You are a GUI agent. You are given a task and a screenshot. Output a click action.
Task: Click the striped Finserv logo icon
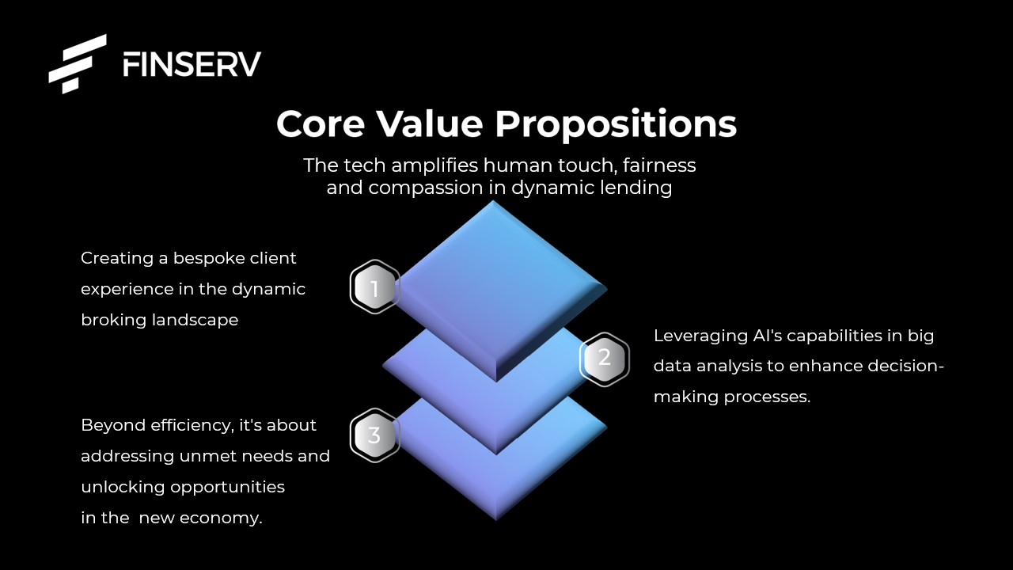pyautogui.click(x=78, y=64)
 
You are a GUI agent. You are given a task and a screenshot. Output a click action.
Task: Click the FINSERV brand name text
pyautogui.click(x=192, y=64)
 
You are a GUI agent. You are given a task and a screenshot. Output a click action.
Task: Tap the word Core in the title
pyautogui.click(x=321, y=124)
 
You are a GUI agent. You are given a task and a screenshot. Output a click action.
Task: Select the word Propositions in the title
pyautogui.click(x=616, y=125)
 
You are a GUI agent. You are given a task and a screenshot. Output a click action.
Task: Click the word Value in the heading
pyautogui.click(x=430, y=123)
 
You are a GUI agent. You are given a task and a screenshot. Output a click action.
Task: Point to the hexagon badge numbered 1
pyautogui.click(x=374, y=287)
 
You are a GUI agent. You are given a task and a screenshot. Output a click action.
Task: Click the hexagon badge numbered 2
pyautogui.click(x=604, y=359)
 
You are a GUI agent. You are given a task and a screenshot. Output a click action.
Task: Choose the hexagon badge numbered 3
pyautogui.click(x=374, y=435)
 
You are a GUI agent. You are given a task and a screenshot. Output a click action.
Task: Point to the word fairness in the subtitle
pyautogui.click(x=659, y=165)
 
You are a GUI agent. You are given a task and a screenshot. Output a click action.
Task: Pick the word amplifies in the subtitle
pyautogui.click(x=434, y=166)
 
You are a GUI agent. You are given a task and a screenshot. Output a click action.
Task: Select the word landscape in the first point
pyautogui.click(x=195, y=321)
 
